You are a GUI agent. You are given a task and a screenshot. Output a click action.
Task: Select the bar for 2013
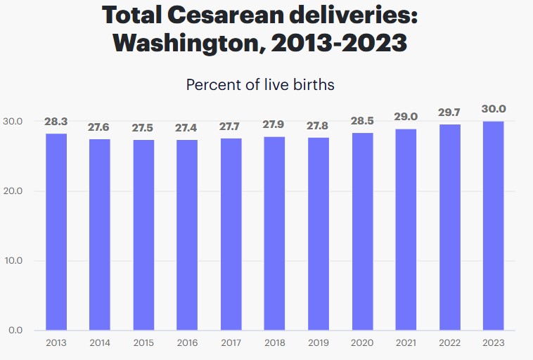[x=56, y=231]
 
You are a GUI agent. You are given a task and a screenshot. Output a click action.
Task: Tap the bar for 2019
[x=319, y=233]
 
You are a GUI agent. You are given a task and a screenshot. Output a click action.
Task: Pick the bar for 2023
[x=493, y=226]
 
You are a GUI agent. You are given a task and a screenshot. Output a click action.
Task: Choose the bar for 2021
[x=406, y=229]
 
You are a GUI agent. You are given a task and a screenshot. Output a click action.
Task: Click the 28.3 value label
[x=56, y=122]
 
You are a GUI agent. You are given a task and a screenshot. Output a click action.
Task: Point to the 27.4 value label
[x=187, y=128]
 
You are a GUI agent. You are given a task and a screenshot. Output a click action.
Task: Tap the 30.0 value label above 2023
[x=493, y=109]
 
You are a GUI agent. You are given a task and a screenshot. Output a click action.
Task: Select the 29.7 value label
[x=449, y=112]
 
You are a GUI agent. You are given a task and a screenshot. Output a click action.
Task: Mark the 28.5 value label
[x=362, y=120]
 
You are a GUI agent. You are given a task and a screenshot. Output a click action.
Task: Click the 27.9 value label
[x=275, y=124]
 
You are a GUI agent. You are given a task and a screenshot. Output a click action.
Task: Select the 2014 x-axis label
[x=100, y=343]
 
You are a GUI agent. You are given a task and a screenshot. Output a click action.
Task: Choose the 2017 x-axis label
[x=231, y=343]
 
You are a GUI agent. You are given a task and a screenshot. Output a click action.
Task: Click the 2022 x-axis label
[x=449, y=343]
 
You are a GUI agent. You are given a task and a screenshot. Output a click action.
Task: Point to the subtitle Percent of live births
[x=259, y=85]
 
